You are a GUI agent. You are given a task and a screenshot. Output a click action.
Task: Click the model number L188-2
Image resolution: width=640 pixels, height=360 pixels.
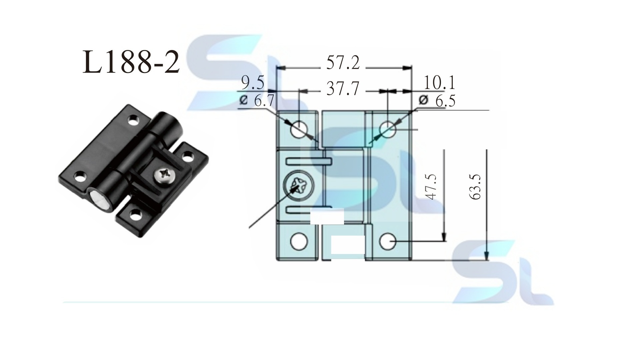[x=131, y=62]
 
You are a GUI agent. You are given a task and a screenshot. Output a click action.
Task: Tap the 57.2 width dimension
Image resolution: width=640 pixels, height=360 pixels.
[x=343, y=63]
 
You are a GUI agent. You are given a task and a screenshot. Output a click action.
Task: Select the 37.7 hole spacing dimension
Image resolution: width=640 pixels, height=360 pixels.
[x=343, y=89]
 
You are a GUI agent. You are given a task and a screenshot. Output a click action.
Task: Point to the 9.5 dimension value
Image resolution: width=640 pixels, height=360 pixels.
[x=252, y=83]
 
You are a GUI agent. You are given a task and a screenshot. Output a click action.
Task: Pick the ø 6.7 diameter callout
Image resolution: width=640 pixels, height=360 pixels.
[x=257, y=101]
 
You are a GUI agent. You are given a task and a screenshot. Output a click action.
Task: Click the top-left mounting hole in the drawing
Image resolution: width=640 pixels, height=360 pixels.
[x=299, y=129]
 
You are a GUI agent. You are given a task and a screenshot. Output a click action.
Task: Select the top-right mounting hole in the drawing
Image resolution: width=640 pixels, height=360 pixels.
[x=388, y=129]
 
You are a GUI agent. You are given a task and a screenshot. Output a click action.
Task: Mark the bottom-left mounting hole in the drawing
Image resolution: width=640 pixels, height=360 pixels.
[x=299, y=242]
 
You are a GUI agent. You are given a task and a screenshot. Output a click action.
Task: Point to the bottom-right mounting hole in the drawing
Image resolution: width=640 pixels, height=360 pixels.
[x=388, y=242]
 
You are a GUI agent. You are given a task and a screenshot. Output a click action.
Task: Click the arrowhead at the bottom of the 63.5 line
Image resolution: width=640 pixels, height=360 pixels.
[x=487, y=257]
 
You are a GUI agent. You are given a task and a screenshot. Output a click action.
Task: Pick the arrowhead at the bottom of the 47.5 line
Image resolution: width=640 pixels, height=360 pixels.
[x=444, y=237]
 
